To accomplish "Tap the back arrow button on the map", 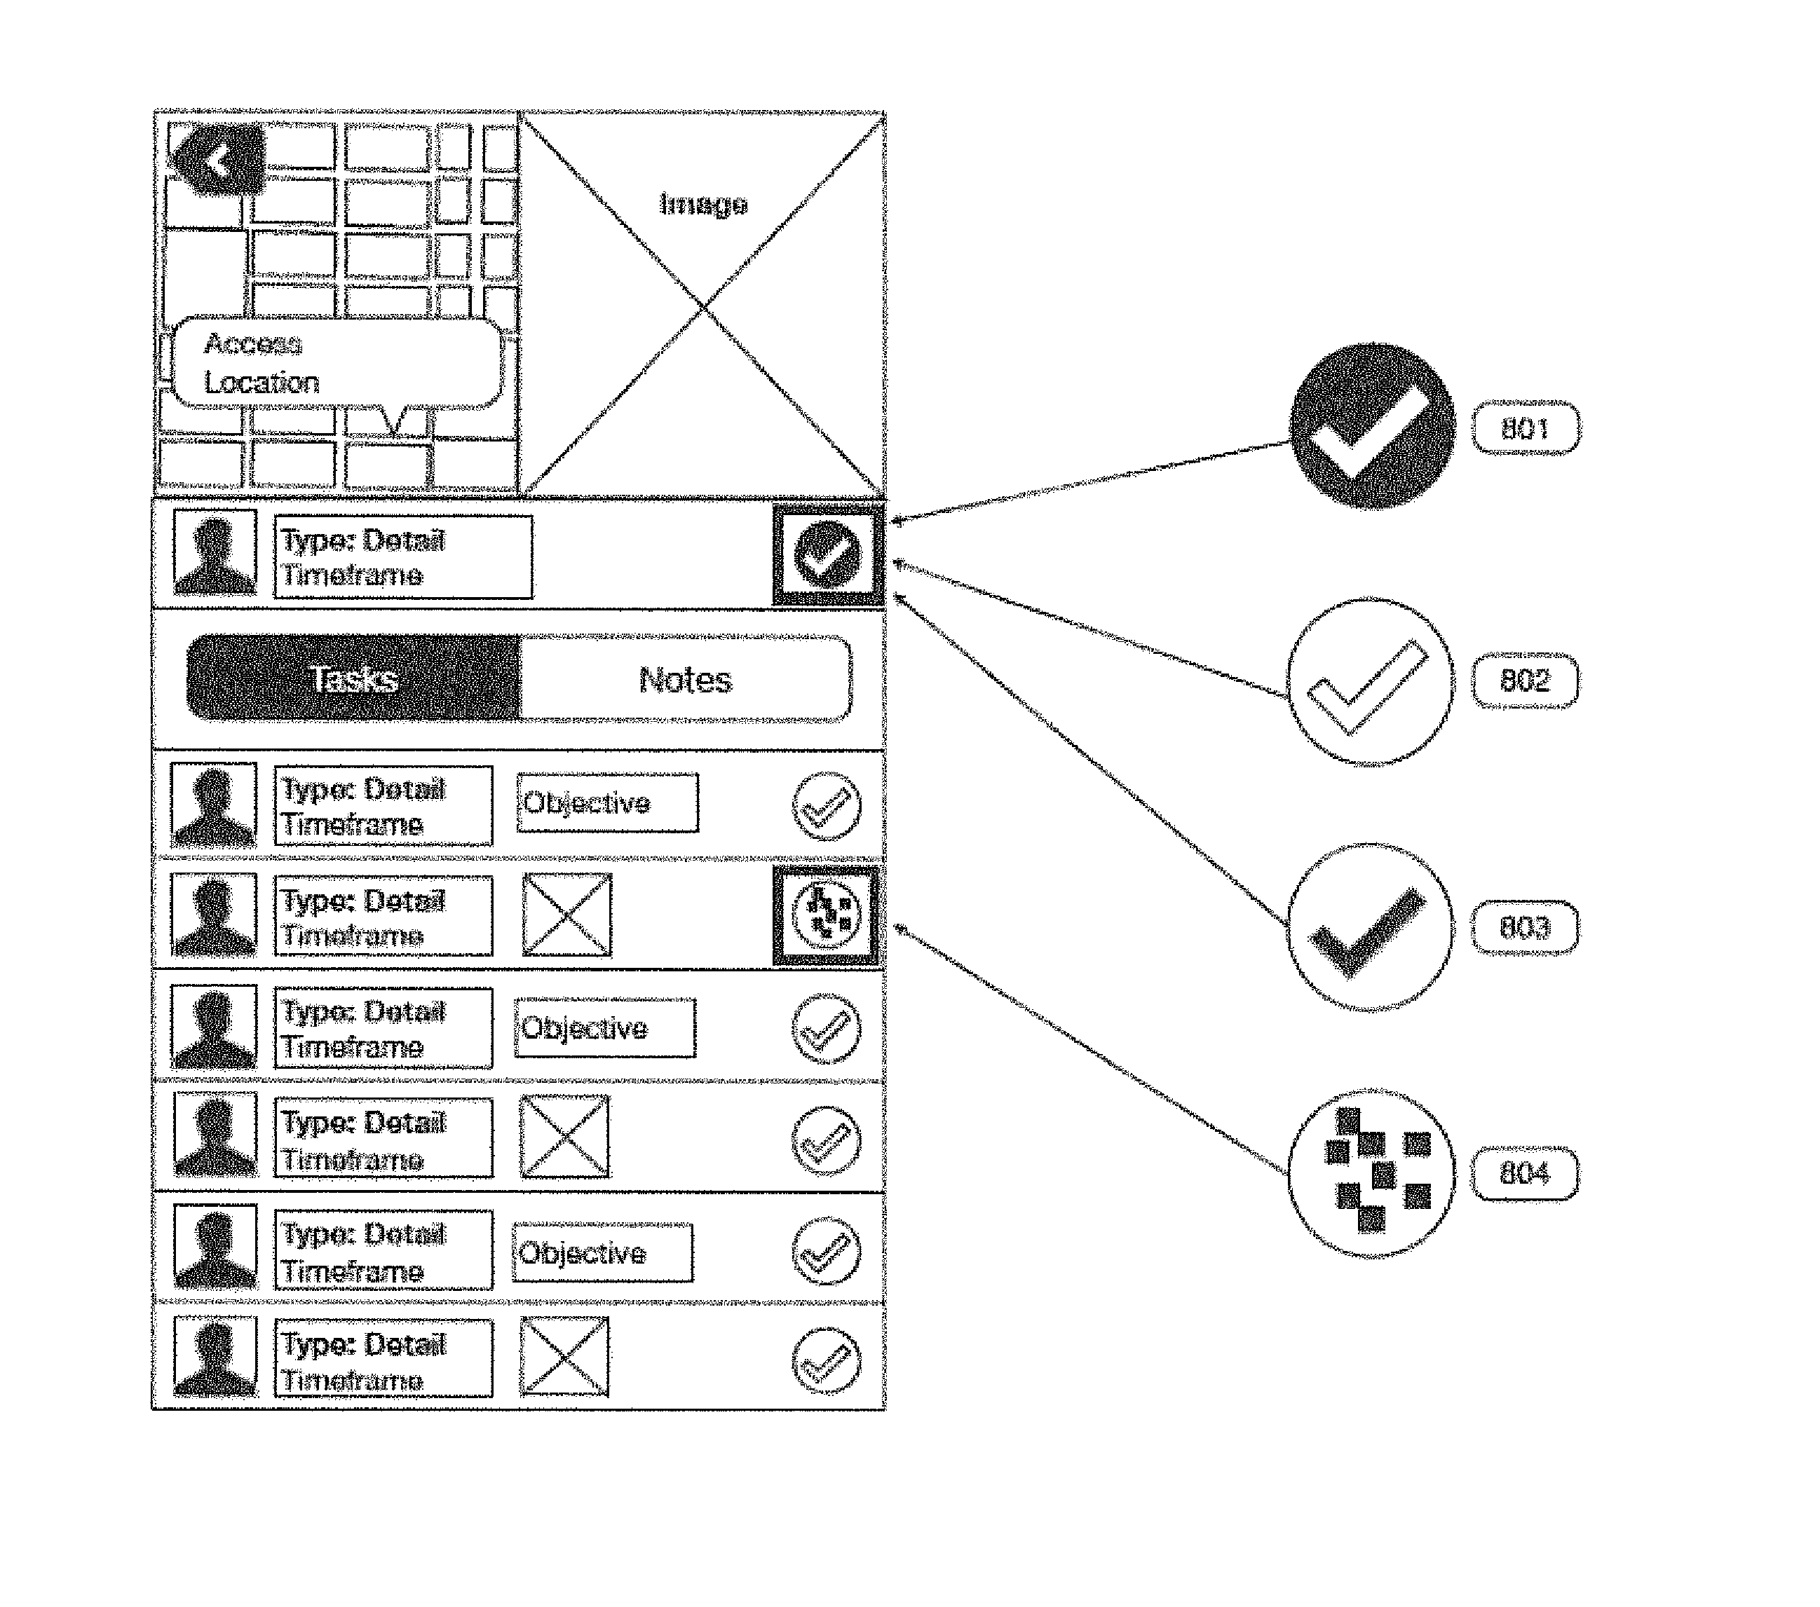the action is pyautogui.click(x=219, y=160).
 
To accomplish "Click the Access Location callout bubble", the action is pyautogui.click(x=337, y=363).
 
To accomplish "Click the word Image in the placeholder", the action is pyautogui.click(x=702, y=204).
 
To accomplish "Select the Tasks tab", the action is pyautogui.click(x=354, y=678).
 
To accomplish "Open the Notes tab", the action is pyautogui.click(x=686, y=679).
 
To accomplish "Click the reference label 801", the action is pyautogui.click(x=1526, y=428).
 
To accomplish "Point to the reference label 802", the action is pyautogui.click(x=1526, y=681).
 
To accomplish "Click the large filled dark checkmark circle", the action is pyautogui.click(x=1372, y=425).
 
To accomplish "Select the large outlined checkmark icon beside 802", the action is pyautogui.click(x=1371, y=682).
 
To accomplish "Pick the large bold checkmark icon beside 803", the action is pyautogui.click(x=1371, y=928).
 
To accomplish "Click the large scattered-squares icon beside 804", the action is pyautogui.click(x=1371, y=1173).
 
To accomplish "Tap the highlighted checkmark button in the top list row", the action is pyautogui.click(x=828, y=554).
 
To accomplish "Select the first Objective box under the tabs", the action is pyautogui.click(x=607, y=803).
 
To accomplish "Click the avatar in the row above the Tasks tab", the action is pyautogui.click(x=215, y=552).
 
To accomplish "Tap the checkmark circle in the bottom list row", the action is pyautogui.click(x=827, y=1360).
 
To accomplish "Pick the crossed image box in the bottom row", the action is pyautogui.click(x=564, y=1357).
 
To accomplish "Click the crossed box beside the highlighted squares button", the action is pyautogui.click(x=567, y=915).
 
